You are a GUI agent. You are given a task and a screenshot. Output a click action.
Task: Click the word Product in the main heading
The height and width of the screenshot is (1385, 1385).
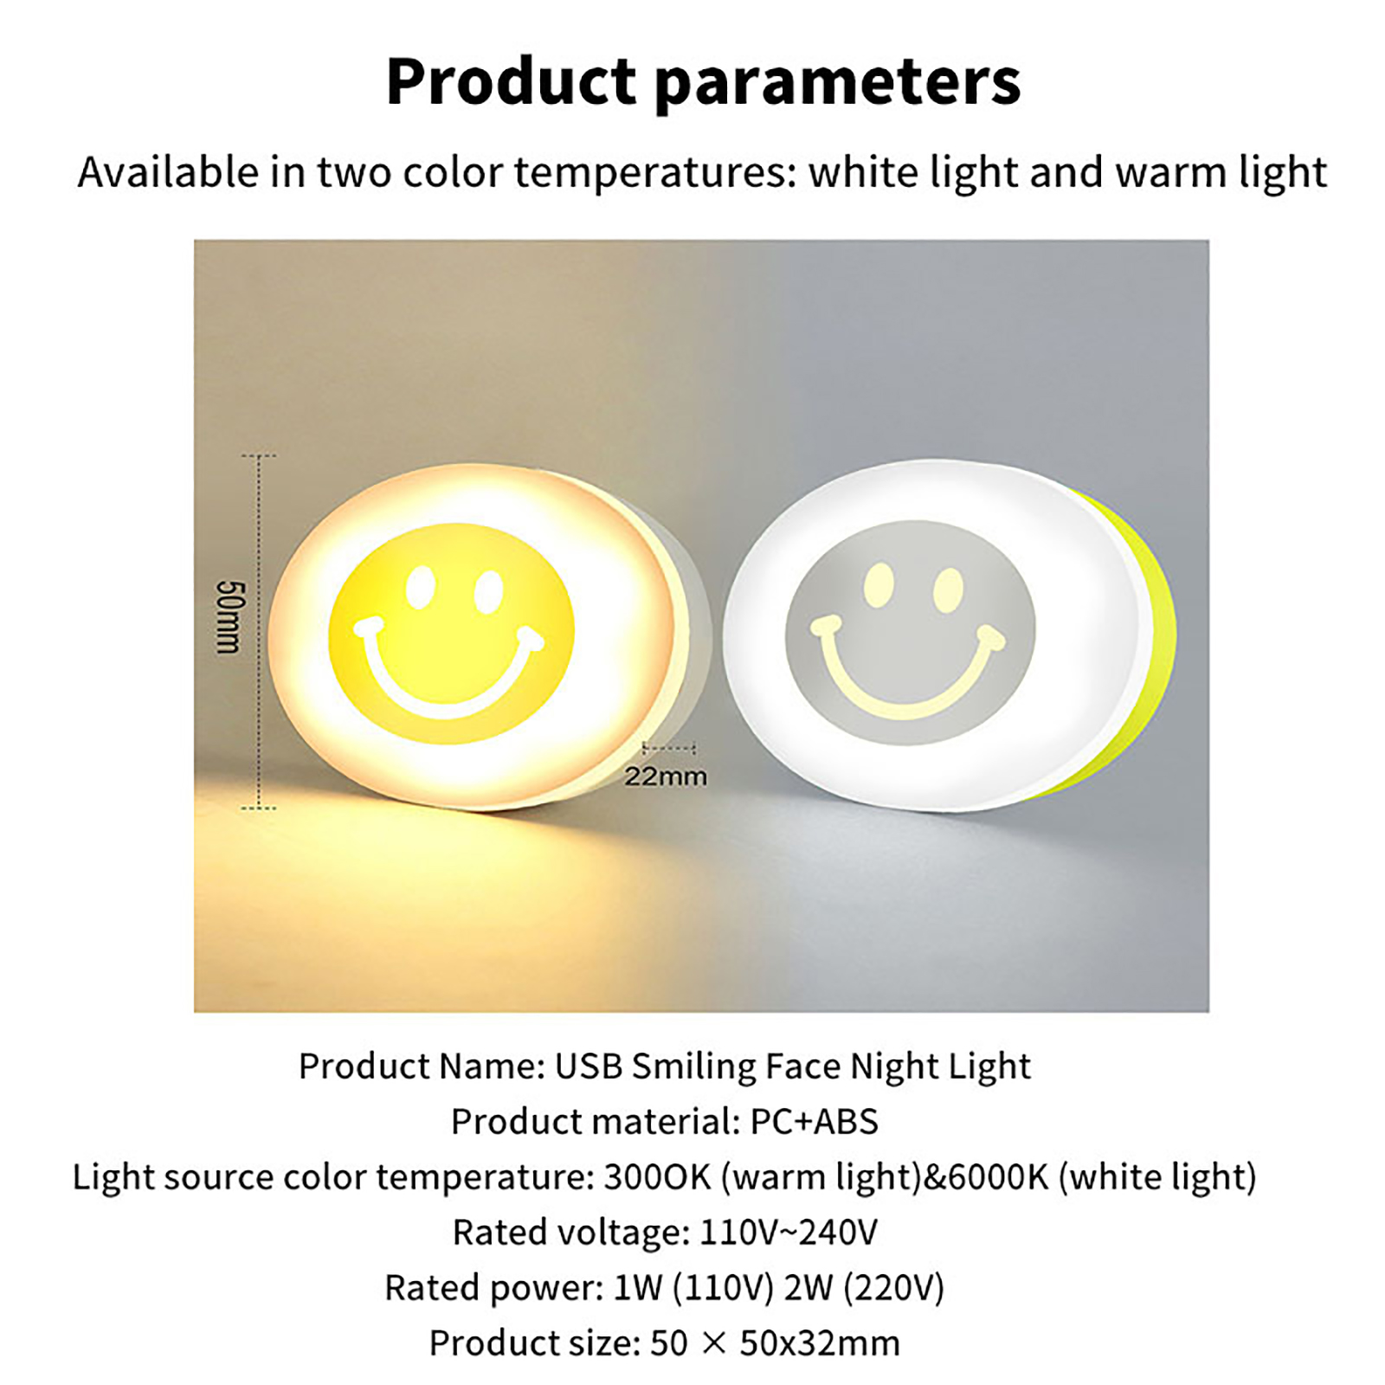click(511, 81)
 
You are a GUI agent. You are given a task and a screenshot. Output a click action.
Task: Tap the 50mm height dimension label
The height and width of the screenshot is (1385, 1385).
click(230, 616)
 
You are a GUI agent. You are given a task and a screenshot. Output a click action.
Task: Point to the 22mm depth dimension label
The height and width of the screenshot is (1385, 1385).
click(666, 776)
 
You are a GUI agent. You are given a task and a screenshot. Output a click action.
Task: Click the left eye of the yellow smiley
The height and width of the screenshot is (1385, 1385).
click(422, 588)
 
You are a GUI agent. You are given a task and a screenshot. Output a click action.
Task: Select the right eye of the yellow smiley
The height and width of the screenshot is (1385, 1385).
click(488, 592)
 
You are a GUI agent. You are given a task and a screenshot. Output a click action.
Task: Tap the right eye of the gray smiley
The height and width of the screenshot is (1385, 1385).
click(949, 589)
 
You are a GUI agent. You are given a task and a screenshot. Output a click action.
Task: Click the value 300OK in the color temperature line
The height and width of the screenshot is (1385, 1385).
click(657, 1177)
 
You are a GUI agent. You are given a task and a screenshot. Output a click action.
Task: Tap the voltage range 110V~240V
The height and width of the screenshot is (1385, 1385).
click(788, 1233)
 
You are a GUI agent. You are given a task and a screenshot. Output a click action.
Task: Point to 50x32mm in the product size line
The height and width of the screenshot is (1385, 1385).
click(820, 1343)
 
